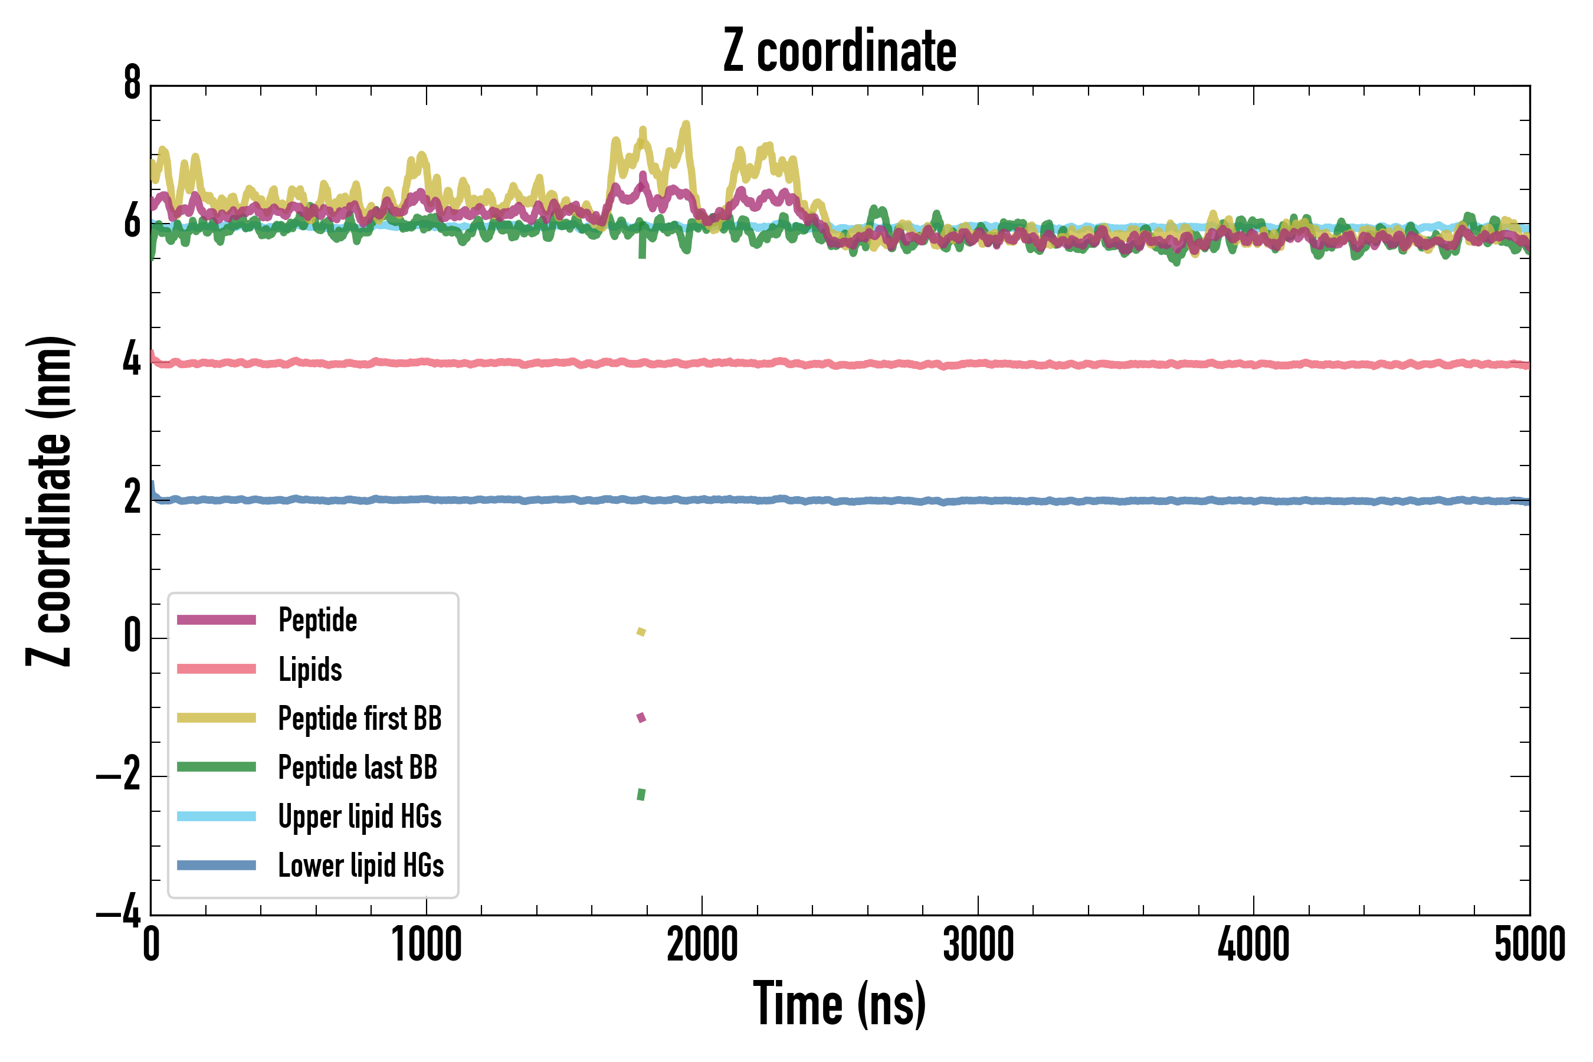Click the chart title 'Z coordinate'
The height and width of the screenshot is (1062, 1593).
tap(839, 51)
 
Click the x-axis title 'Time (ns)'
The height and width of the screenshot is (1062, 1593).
tap(839, 1004)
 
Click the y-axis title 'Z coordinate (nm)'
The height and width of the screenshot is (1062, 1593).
tap(49, 500)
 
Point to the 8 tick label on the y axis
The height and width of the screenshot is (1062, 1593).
tap(132, 84)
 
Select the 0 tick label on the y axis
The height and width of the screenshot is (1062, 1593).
tap(132, 637)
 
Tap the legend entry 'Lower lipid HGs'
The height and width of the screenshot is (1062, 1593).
tap(361, 866)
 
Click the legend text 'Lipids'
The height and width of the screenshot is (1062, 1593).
tap(310, 669)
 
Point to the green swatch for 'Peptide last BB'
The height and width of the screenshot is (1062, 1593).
tap(216, 766)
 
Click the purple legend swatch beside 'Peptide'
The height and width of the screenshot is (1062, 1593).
tap(216, 619)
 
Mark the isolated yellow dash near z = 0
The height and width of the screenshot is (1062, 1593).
tap(641, 632)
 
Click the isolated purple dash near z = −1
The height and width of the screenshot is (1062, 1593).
tap(641, 717)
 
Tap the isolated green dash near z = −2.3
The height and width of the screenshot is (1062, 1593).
tap(641, 794)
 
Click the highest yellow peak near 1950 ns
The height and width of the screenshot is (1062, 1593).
tap(687, 124)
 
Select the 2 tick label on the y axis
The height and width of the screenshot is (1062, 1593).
tap(132, 499)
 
